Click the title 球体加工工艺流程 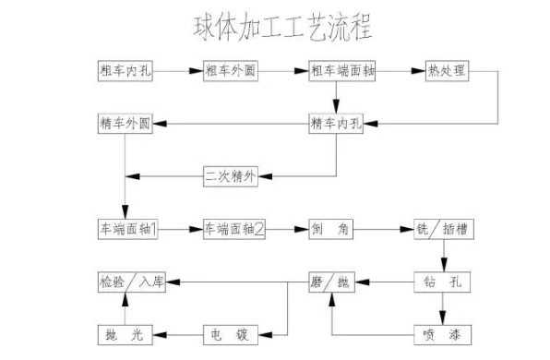point(281,27)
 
